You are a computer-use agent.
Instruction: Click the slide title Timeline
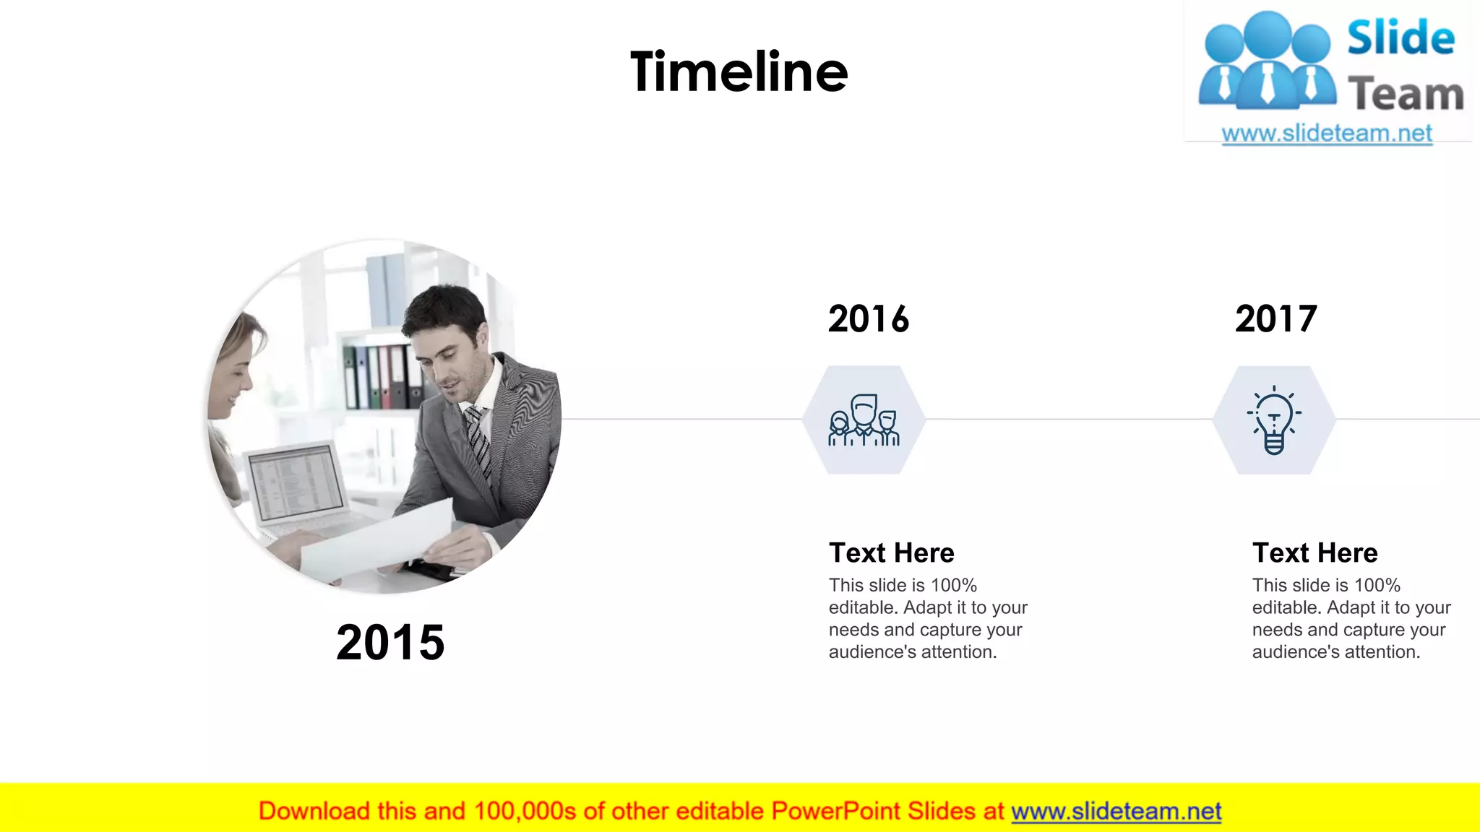tap(739, 72)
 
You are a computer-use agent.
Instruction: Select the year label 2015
tap(390, 642)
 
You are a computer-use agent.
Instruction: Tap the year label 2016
tap(868, 319)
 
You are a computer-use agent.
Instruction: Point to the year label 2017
tap(1275, 319)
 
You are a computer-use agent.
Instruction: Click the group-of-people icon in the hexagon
tap(864, 420)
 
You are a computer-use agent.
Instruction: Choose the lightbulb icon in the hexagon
tap(1274, 420)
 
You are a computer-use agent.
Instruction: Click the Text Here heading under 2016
tap(891, 553)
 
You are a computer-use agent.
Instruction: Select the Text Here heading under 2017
tap(1315, 553)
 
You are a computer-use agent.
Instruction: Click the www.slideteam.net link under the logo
tap(1326, 134)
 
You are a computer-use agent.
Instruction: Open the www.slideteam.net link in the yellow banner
tap(1116, 812)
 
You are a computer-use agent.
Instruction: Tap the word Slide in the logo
tap(1401, 38)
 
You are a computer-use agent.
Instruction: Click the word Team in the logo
tap(1406, 95)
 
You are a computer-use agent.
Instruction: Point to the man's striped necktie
tap(478, 441)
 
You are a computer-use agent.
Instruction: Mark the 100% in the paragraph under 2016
tap(953, 586)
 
